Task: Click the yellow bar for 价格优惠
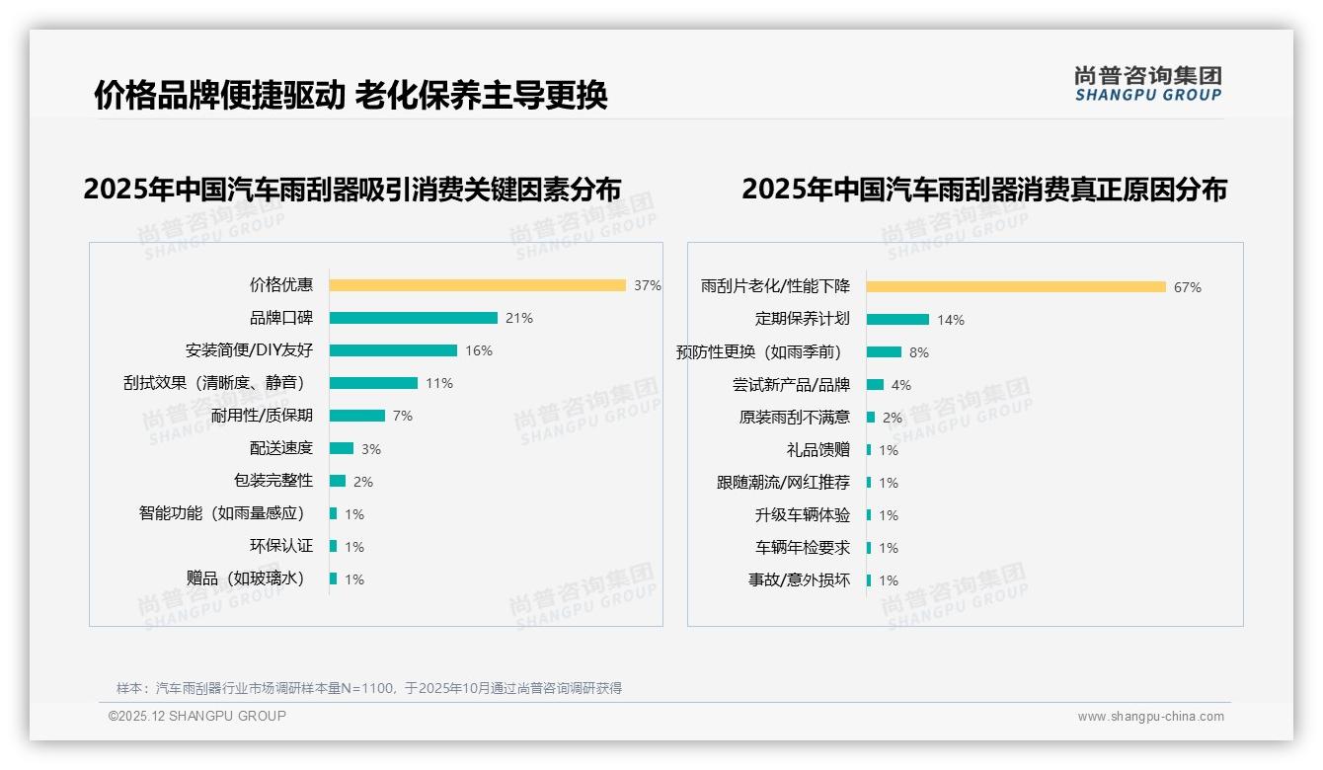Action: [477, 285]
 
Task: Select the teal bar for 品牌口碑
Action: [413, 318]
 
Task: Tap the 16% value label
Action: [479, 350]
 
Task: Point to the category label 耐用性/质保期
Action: [262, 416]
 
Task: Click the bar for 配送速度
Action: [341, 448]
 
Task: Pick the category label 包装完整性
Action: [273, 481]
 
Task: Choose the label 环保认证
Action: [281, 546]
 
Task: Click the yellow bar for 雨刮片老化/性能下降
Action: [1016, 287]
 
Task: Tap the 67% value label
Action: [1188, 287]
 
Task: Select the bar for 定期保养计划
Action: [897, 319]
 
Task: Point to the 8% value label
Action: [919, 352]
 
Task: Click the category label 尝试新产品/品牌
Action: [791, 385]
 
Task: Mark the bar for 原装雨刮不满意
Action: [871, 418]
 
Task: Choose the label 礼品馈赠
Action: [818, 450]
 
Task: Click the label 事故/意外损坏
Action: [799, 580]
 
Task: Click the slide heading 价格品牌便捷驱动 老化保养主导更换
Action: [350, 96]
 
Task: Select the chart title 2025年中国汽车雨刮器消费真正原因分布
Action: [983, 190]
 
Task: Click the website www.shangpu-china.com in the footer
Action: [1150, 717]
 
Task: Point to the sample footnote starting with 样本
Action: [369, 688]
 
